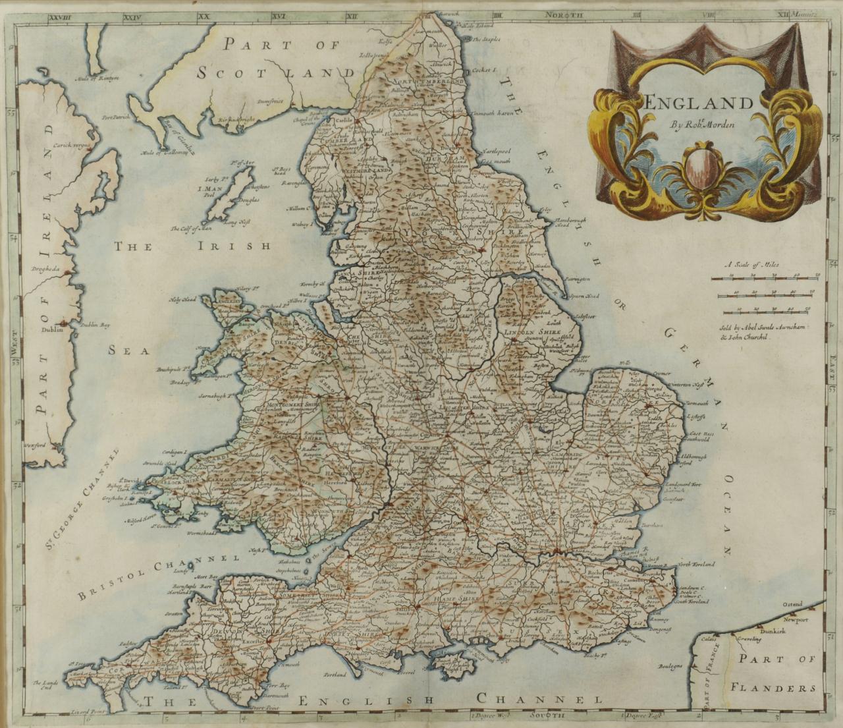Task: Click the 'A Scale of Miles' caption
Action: (752, 265)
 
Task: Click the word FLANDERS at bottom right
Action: (773, 688)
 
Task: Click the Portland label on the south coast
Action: (335, 675)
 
